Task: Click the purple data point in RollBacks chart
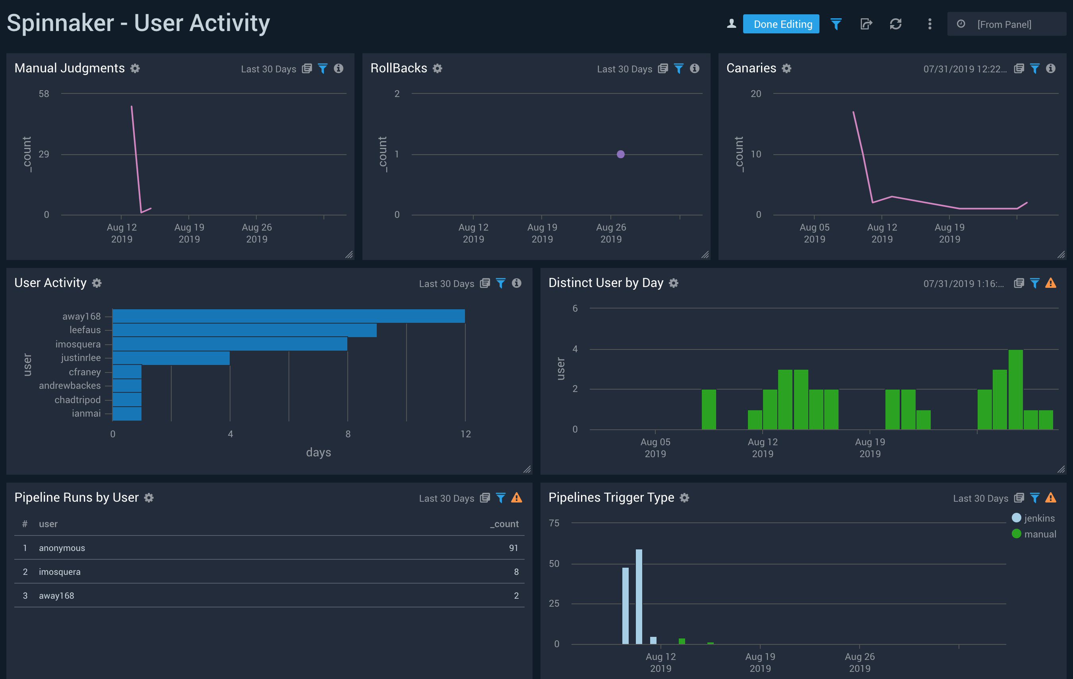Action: pos(620,154)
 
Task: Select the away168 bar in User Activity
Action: pos(288,316)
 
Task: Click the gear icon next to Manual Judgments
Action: pos(135,68)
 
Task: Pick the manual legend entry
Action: pos(1034,534)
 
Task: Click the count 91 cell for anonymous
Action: pos(513,548)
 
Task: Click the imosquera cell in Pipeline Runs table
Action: pos(60,572)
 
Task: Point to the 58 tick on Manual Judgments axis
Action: pos(44,94)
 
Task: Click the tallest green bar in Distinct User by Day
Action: pos(1015,389)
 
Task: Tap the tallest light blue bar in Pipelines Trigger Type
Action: pos(639,597)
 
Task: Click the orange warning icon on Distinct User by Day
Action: pos(1050,283)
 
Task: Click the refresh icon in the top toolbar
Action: pos(896,24)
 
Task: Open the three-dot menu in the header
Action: pos(930,24)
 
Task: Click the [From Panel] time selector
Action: pos(1004,25)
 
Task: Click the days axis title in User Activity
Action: pos(318,452)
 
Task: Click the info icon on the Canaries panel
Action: pos(1050,68)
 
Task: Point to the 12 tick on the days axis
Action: pos(465,434)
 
